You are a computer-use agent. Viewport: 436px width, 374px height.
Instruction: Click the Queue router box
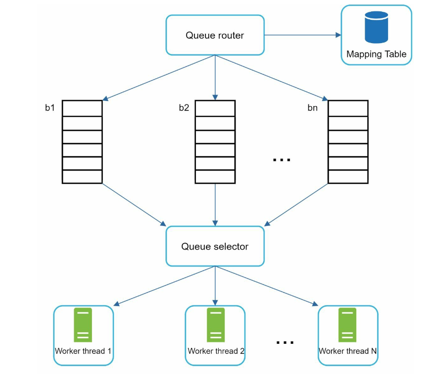point(215,35)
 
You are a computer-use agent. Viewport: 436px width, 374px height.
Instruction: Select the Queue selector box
point(215,246)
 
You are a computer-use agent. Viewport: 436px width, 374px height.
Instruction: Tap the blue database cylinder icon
point(377,27)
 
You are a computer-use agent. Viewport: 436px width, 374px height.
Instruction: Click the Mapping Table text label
point(377,54)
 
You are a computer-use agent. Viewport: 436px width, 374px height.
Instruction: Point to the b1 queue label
point(50,107)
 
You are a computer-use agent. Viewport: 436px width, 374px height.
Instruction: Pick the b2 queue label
point(184,107)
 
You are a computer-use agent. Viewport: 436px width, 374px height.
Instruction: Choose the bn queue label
point(313,107)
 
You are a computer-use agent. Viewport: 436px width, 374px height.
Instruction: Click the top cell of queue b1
point(82,108)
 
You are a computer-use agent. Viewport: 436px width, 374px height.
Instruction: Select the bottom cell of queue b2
point(215,177)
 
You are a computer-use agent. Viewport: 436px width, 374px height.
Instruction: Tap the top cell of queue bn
point(348,108)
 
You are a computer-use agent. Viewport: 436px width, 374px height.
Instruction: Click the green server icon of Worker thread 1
point(83,325)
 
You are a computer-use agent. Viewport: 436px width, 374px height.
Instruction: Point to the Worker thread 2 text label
point(216,351)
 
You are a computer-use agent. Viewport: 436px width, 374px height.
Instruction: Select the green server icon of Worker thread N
point(347,325)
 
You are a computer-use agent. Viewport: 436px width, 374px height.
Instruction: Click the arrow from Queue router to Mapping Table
point(302,35)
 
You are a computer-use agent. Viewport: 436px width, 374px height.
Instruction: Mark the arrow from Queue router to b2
point(215,78)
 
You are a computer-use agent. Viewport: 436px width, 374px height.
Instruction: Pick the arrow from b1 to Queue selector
point(134,205)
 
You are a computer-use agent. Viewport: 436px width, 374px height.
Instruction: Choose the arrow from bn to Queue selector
point(296,205)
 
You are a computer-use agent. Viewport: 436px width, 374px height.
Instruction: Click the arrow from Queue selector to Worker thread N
point(267,286)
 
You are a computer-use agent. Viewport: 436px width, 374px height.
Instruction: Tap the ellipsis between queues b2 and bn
point(282,160)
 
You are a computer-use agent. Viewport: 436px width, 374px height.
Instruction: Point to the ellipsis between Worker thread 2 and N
point(285,342)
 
